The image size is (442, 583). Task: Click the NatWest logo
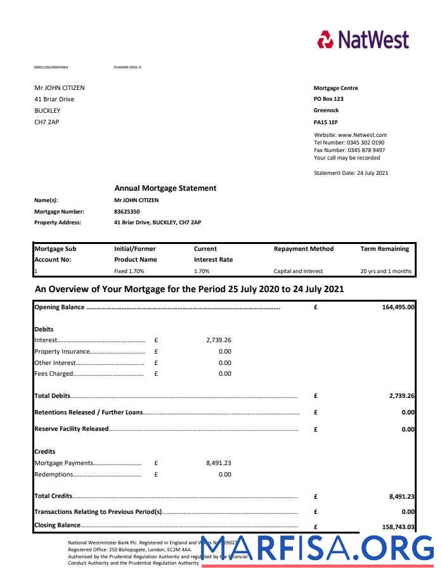(x=363, y=39)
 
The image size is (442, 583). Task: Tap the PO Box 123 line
(x=328, y=99)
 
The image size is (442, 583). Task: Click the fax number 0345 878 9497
(x=366, y=150)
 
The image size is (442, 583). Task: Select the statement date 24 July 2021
(x=372, y=173)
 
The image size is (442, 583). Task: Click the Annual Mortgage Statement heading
(x=165, y=188)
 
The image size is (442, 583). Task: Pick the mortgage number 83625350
(x=127, y=212)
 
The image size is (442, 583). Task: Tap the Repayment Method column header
(x=303, y=249)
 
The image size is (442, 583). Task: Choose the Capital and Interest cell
(x=298, y=271)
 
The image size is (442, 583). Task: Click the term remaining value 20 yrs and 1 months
(x=386, y=271)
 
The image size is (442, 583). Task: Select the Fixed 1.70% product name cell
(x=129, y=271)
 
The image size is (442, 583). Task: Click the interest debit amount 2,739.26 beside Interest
(x=218, y=340)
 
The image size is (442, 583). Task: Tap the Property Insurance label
(x=62, y=352)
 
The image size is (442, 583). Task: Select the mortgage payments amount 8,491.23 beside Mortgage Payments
(x=218, y=463)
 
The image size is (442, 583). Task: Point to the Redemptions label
(x=54, y=475)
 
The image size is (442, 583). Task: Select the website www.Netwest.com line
(x=350, y=135)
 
